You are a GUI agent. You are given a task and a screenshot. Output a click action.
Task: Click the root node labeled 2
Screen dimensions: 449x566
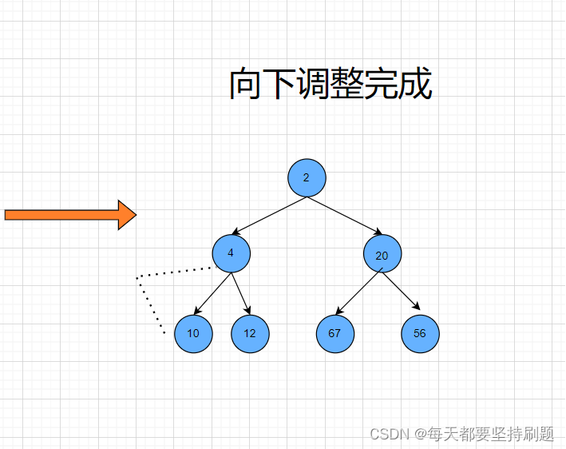[x=307, y=177]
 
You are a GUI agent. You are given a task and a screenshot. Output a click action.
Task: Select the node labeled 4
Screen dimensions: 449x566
[x=232, y=253]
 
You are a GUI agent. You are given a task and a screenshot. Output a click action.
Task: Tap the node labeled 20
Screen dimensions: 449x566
[x=382, y=255]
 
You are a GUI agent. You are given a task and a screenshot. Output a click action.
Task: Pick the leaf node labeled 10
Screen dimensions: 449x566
[x=193, y=333]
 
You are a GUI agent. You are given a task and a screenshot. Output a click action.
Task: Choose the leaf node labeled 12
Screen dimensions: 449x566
[x=251, y=333]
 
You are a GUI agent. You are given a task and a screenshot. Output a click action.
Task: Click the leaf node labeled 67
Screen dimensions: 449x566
[x=335, y=333]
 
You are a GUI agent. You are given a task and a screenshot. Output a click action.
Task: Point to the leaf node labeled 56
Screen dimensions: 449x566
[x=421, y=333]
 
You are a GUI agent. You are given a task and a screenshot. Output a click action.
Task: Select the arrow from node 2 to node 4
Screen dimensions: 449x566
[x=268, y=216]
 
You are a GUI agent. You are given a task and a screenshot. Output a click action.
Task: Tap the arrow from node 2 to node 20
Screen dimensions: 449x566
[x=345, y=216]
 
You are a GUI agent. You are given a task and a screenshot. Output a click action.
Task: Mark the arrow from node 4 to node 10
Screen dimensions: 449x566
[x=212, y=293]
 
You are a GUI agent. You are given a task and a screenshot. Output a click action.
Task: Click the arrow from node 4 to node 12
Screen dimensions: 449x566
[x=241, y=293]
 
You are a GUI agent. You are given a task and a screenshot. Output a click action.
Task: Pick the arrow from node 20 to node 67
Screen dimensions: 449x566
[x=358, y=293]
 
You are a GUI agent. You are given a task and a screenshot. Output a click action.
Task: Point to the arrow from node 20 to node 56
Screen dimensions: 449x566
[x=402, y=292]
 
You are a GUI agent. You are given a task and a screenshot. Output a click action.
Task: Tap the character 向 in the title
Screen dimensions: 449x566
[x=246, y=85]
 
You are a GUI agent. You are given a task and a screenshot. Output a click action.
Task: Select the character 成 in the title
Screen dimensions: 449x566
[x=415, y=85]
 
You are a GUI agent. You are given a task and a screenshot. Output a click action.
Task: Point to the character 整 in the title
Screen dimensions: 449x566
[x=347, y=85]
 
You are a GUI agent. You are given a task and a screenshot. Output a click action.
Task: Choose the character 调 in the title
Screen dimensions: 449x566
[x=313, y=85]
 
